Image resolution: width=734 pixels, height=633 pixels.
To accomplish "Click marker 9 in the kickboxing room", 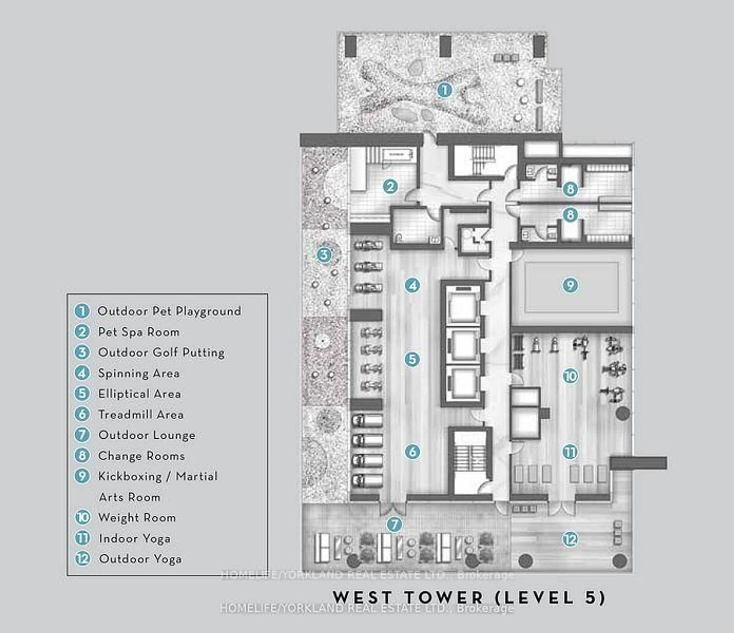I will point(570,285).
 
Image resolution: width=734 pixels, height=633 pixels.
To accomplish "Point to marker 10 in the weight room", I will point(570,376).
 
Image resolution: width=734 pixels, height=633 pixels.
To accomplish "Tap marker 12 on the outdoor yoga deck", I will point(570,539).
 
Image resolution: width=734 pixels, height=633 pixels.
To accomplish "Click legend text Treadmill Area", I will point(141,414).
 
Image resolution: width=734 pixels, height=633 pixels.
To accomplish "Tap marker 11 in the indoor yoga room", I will point(570,452).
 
